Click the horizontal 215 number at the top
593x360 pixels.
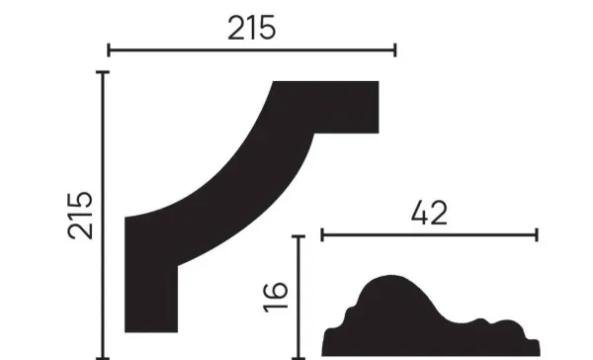point(251,29)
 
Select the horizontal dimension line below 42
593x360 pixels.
point(429,235)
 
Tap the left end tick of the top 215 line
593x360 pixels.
point(108,49)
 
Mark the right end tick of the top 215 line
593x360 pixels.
point(394,49)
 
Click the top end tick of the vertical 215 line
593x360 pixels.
point(103,72)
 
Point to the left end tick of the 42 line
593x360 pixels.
point(322,235)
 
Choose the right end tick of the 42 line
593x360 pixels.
point(537,235)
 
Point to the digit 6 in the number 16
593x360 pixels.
point(277,285)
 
